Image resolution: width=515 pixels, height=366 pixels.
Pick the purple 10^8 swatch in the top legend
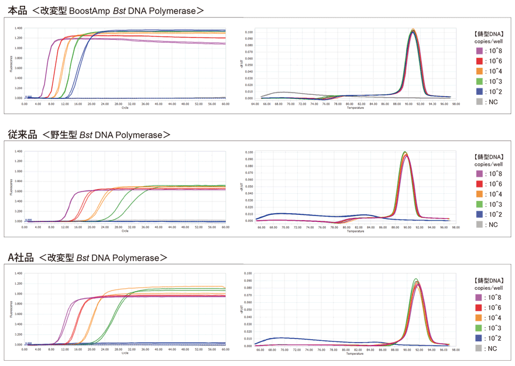tap(478, 51)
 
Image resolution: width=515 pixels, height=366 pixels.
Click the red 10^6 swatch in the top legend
tap(478, 61)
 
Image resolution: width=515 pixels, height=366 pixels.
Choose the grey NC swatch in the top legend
tap(478, 102)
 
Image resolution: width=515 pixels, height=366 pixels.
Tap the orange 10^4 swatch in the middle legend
tap(478, 194)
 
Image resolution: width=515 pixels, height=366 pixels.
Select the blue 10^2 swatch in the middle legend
tap(478, 215)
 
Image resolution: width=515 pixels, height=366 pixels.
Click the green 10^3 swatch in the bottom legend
tap(478, 328)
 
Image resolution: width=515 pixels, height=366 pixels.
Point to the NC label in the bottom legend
tap(493, 348)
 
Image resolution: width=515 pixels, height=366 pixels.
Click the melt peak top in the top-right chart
tap(413, 30)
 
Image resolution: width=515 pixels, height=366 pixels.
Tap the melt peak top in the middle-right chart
tap(404, 152)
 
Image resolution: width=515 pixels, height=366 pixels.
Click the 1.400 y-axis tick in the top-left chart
tap(18, 28)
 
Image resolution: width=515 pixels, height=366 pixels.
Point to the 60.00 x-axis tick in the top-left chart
tap(225, 104)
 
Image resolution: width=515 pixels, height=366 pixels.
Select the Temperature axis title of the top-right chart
tap(355, 108)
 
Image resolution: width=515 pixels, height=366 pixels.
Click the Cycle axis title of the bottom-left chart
tap(125, 354)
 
